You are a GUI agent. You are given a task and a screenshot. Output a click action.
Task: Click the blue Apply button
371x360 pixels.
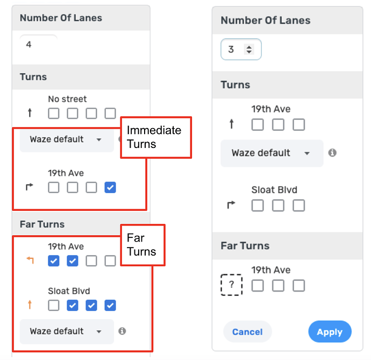(x=330, y=331)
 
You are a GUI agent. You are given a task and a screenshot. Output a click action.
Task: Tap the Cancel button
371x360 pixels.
(x=247, y=331)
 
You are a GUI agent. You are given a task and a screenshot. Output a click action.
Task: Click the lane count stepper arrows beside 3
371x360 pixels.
(x=249, y=50)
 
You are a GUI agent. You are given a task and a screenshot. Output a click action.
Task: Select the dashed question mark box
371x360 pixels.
(x=231, y=285)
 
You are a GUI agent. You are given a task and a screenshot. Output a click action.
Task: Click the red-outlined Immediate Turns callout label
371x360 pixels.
(x=156, y=137)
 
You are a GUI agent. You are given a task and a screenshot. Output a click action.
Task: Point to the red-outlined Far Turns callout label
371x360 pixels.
(x=142, y=245)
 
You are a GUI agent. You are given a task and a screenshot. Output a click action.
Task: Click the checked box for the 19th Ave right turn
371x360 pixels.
(x=110, y=187)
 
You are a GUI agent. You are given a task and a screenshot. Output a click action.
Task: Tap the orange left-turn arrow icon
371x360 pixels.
(x=30, y=260)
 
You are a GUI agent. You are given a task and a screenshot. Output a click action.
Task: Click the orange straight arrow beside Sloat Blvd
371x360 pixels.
(x=30, y=305)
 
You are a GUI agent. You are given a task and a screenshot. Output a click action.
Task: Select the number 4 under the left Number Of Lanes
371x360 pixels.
(x=28, y=44)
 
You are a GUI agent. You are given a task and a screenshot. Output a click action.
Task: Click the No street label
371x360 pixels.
(x=67, y=99)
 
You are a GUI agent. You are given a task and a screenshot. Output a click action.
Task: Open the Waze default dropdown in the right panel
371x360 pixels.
(x=272, y=153)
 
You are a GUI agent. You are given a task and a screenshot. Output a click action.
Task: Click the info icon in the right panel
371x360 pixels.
(x=332, y=153)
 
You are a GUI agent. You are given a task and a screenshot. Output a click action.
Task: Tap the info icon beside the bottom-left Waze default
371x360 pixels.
(x=122, y=331)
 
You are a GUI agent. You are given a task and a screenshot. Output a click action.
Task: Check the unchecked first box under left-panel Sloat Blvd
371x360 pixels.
(x=54, y=305)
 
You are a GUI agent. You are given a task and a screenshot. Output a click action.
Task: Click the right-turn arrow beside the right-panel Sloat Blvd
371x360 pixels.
(x=231, y=204)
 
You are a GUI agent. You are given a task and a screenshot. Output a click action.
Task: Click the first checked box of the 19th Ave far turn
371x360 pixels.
(x=54, y=261)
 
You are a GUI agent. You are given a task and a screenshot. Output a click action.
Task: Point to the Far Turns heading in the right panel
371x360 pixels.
(x=245, y=245)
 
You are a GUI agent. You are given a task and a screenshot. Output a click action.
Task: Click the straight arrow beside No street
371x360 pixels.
(x=30, y=113)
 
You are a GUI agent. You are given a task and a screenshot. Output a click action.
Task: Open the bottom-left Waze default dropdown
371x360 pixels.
(x=67, y=331)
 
